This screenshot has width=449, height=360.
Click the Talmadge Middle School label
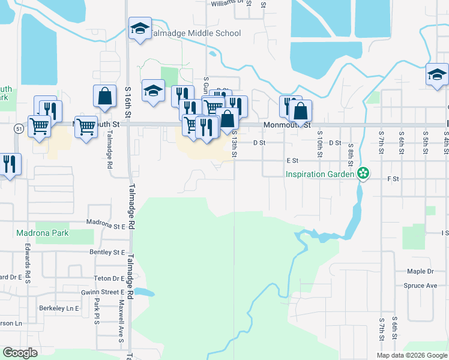(196, 34)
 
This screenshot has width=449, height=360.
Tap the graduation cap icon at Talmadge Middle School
(140, 28)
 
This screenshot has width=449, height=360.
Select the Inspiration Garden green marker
(362, 174)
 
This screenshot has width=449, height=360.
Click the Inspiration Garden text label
(320, 175)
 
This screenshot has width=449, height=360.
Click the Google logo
(20, 353)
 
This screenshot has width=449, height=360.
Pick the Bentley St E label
(107, 253)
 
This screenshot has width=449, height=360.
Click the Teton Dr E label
(109, 278)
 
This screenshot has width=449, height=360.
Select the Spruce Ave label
(420, 286)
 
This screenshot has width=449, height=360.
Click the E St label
(292, 161)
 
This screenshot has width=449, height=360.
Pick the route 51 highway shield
(19, 128)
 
